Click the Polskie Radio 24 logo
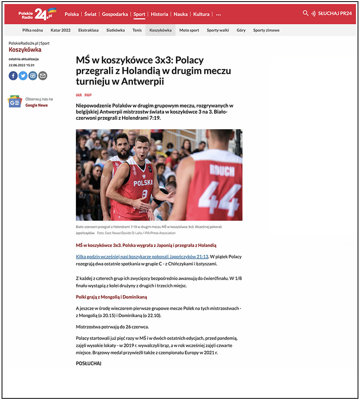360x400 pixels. click(x=37, y=14)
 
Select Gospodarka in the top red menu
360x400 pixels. click(x=115, y=14)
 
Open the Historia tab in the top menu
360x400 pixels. click(x=159, y=14)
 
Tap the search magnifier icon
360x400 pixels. click(x=306, y=13)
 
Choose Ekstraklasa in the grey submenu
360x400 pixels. click(x=88, y=30)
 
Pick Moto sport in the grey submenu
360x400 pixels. click(x=189, y=30)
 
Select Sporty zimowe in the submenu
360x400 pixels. click(x=266, y=30)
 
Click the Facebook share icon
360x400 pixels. click(x=13, y=76)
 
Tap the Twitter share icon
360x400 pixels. click(x=23, y=76)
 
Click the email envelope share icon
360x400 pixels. click(x=43, y=76)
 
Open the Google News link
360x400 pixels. click(x=36, y=105)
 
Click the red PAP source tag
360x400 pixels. click(x=88, y=95)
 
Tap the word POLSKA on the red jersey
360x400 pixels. click(x=143, y=183)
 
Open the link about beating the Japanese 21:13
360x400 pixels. click(x=142, y=257)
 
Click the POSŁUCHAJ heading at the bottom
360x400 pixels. click(x=88, y=363)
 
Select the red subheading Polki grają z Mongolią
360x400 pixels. click(x=112, y=297)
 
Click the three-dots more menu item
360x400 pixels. click(x=218, y=14)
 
